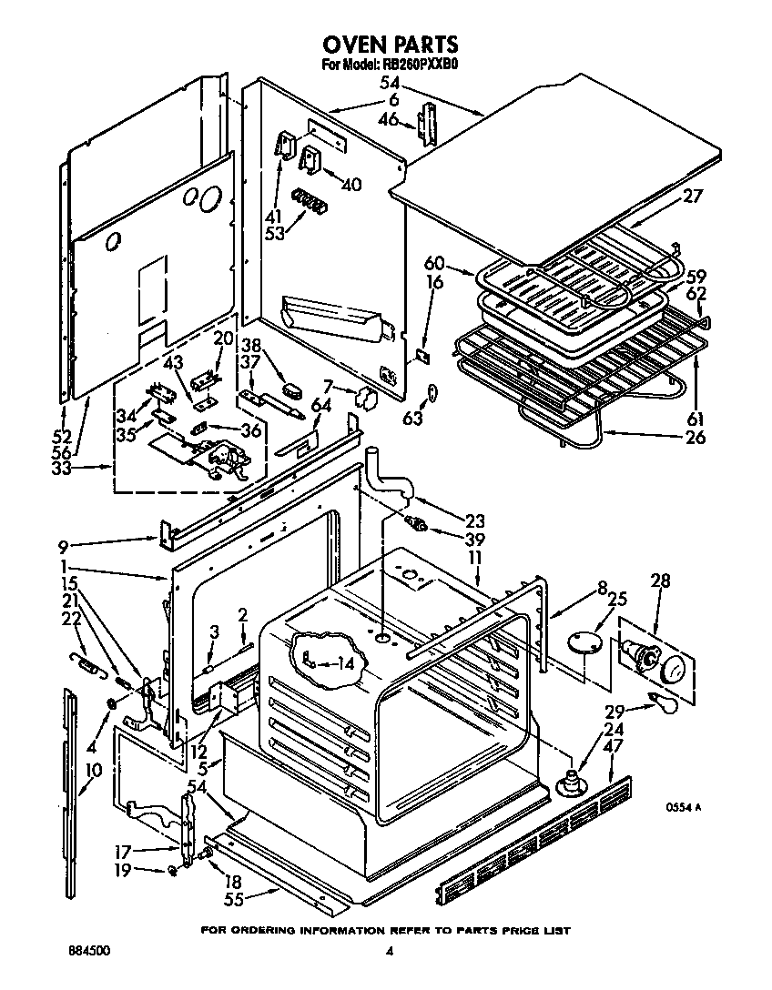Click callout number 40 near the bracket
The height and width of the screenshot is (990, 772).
tap(351, 184)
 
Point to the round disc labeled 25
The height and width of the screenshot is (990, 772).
tap(583, 642)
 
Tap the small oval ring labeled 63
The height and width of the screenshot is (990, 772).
tap(433, 391)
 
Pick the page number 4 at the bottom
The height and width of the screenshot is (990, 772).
tap(389, 952)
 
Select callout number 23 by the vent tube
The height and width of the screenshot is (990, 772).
tap(473, 521)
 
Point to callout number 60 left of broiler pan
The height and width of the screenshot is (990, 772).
tap(435, 264)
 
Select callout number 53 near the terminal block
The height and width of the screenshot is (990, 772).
tap(275, 232)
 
